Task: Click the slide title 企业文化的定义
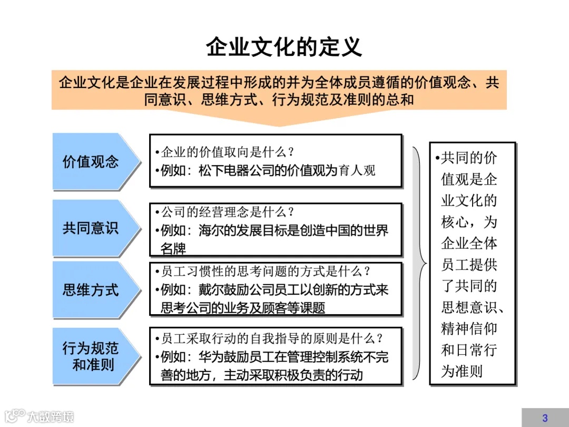coord(284,47)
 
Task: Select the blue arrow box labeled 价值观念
coord(92,161)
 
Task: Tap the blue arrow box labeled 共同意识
coord(92,228)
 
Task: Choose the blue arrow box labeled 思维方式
coord(92,290)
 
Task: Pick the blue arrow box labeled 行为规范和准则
coord(92,356)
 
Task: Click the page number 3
coord(545,418)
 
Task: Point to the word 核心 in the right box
coord(455,222)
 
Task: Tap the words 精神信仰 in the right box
coord(469,329)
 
